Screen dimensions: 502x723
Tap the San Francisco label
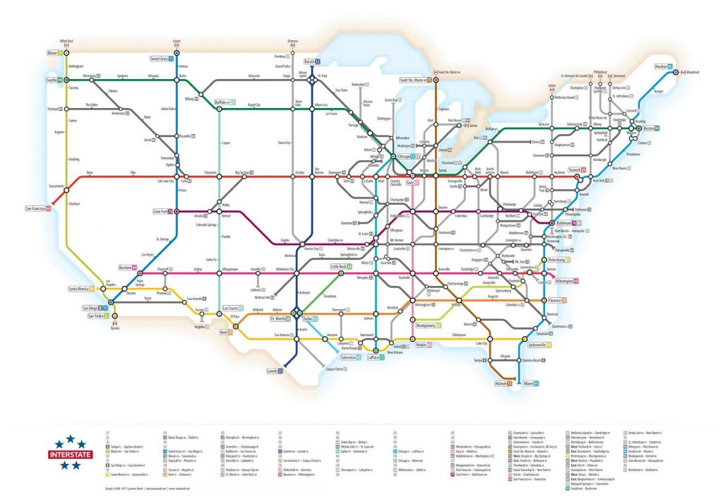38,209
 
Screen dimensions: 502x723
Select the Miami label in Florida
530,383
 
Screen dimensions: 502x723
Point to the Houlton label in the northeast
664,66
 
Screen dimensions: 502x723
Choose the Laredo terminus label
274,371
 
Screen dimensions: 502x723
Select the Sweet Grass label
162,59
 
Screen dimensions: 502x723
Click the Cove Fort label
163,211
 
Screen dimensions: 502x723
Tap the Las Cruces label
233,309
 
